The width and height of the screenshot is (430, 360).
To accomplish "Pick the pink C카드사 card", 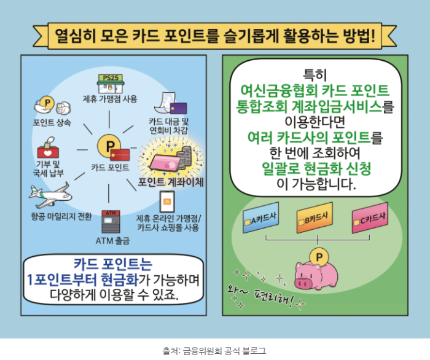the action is [369, 217].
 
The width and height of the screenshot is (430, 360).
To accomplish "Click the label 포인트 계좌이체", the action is [170, 182].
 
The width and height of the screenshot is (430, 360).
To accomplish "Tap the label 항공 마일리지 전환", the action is [61, 216].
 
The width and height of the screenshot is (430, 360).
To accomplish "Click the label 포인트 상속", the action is [52, 122].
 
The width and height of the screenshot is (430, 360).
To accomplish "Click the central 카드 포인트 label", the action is [110, 167].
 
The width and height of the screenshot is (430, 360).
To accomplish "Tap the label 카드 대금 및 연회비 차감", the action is [169, 126].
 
